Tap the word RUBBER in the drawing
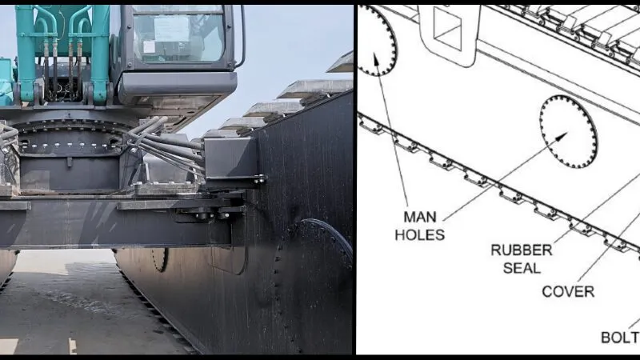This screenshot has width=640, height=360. coord(521,250)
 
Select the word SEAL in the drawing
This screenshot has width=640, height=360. coord(521,268)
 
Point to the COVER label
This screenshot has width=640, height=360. coord(567,292)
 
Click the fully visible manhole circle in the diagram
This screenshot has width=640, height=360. coord(568,131)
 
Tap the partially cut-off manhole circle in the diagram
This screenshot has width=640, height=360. coord(376,40)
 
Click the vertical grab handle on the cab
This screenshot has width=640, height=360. coord(241,36)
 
